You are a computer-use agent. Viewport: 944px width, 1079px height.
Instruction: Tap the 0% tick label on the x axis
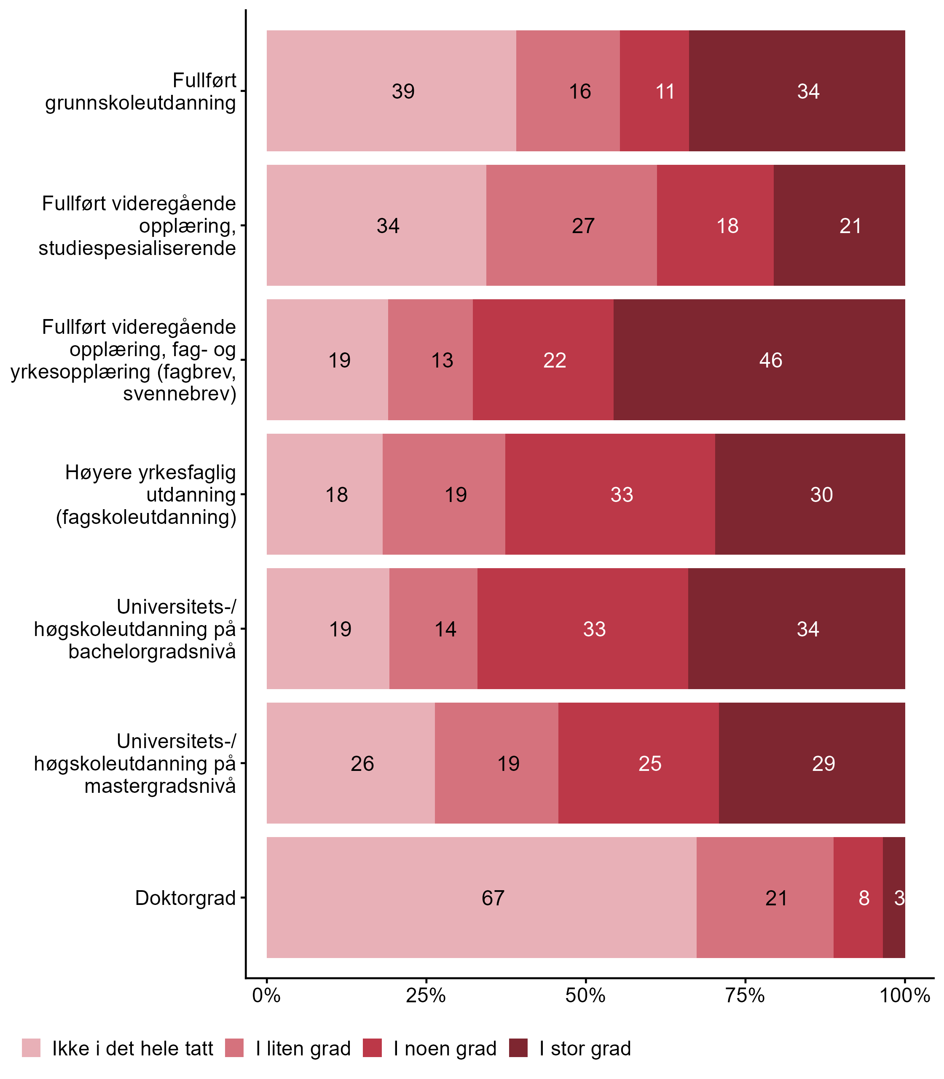point(266,995)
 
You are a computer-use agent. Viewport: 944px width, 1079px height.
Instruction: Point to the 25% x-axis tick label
point(426,995)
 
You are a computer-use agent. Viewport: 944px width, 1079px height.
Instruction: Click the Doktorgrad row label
point(185,898)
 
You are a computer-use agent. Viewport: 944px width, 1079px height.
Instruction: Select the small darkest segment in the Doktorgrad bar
point(894,898)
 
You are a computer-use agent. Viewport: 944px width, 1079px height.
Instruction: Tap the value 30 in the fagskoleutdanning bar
point(821,495)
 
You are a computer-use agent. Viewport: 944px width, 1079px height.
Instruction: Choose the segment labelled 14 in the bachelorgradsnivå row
point(445,629)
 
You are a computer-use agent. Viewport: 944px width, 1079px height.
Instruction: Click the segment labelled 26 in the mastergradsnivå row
point(362,763)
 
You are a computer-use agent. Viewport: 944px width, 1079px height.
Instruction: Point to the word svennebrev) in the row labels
point(180,394)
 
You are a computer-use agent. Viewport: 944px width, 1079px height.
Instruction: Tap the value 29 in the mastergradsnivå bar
point(823,763)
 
